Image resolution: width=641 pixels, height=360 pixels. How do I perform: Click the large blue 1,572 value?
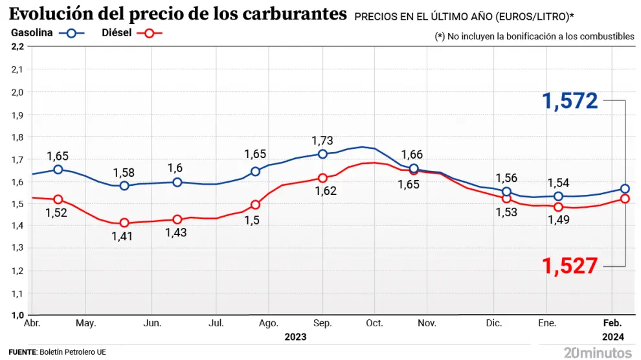click(570, 101)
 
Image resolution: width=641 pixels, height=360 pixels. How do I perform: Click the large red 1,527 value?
click(570, 266)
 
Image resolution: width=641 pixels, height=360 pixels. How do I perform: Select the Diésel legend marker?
click(150, 34)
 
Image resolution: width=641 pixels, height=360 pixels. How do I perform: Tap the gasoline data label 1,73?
click(322, 141)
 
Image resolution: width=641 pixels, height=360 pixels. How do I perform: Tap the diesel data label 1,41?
click(123, 236)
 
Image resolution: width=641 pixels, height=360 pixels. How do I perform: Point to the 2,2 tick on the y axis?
click(17, 47)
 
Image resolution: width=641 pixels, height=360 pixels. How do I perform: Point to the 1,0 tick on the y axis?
click(17, 315)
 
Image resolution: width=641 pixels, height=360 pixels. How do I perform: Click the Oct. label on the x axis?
click(374, 323)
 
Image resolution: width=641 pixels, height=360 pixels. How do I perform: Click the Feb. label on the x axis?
click(613, 323)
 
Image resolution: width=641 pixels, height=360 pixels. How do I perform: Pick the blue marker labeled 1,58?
click(124, 186)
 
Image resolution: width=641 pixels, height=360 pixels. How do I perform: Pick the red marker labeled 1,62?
click(322, 178)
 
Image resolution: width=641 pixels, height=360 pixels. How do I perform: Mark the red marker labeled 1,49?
click(558, 207)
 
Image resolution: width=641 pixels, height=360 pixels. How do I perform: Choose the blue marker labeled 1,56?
click(506, 192)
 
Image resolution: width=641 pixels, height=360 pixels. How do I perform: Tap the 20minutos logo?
click(597, 352)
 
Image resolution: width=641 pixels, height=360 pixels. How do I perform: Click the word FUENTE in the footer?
click(22, 352)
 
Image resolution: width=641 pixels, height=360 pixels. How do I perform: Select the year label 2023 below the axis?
click(295, 337)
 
